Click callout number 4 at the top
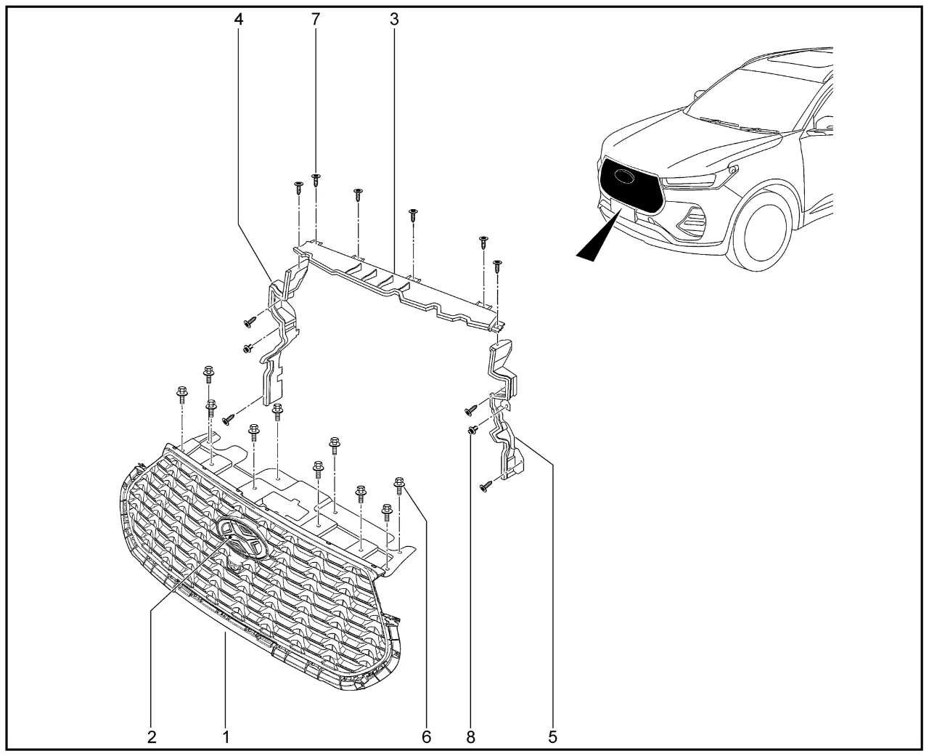pyautogui.click(x=239, y=19)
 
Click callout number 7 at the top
pyautogui.click(x=316, y=19)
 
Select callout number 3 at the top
pyautogui.click(x=394, y=19)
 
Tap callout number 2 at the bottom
pyautogui.click(x=152, y=737)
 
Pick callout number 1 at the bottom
pyautogui.click(x=226, y=737)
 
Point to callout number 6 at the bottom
pyautogui.click(x=427, y=737)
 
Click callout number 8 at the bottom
pyautogui.click(x=470, y=737)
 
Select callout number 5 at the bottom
pyautogui.click(x=552, y=737)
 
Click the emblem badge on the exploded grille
pyautogui.click(x=242, y=539)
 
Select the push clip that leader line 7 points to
pyautogui.click(x=316, y=179)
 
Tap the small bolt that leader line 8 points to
pyautogui.click(x=472, y=431)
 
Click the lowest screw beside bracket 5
pyautogui.click(x=485, y=487)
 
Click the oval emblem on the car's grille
pyautogui.click(x=626, y=176)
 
